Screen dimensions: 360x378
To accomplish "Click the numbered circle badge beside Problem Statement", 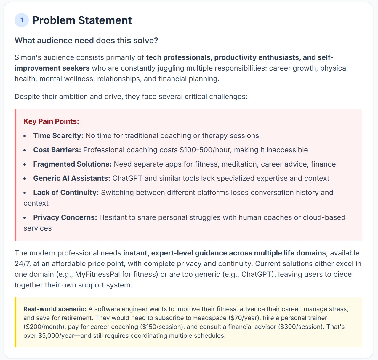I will pos(22,20).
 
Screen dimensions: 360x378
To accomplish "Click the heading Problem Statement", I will pos(82,20).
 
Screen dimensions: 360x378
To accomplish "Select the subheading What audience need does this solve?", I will pos(86,41).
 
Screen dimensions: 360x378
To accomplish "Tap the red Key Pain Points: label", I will pos(51,121).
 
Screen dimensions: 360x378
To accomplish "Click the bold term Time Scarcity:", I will pos(58,136).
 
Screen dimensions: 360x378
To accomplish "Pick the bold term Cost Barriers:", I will pos(57,150).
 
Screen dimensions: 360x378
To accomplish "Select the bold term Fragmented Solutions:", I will pos(72,164).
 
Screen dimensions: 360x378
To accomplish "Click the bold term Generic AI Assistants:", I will pos(71,178).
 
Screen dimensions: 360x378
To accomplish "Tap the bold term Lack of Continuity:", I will pos(66,193).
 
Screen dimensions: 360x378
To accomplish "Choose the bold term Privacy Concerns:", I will pos(65,217).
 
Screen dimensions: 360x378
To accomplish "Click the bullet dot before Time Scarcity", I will pos(25,136).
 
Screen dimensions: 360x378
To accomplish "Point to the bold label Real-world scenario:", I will pos(55,309).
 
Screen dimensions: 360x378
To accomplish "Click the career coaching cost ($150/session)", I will pos(161,327).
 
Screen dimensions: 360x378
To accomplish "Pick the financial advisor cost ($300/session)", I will pos(302,327).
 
